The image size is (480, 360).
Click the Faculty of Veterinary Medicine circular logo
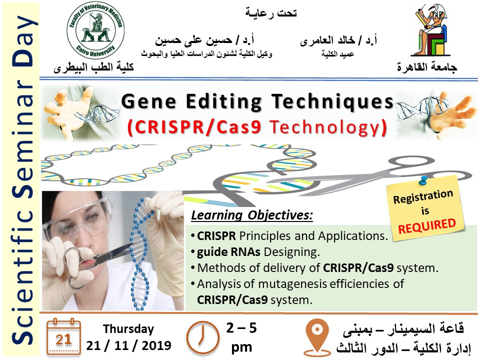click(95, 31)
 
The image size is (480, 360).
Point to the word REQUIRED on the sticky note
click(427, 226)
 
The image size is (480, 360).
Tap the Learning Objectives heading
click(252, 215)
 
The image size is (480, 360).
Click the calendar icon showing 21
click(64, 336)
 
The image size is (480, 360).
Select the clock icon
click(203, 337)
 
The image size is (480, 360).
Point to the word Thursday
click(128, 329)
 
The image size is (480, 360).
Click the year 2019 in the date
click(156, 345)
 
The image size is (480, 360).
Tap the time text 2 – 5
click(241, 328)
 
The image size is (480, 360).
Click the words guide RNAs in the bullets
click(228, 252)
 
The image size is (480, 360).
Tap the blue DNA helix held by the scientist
click(141, 254)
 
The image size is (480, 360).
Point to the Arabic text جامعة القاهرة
click(427, 67)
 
